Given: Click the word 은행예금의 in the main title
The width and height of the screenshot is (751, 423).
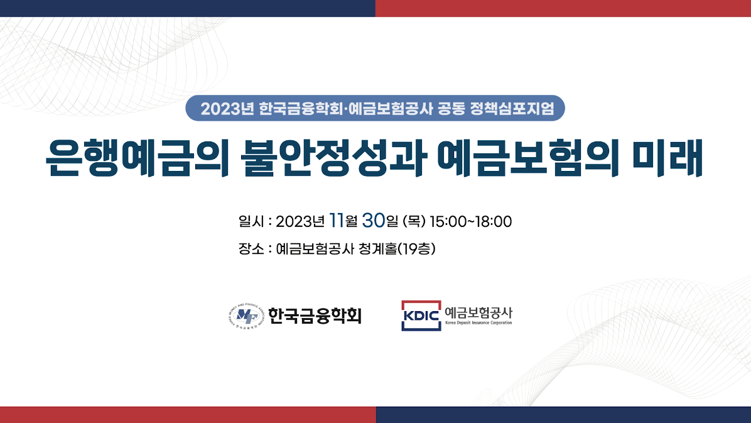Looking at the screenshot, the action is click(x=137, y=158).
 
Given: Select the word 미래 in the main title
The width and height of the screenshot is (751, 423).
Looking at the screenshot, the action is click(x=667, y=158).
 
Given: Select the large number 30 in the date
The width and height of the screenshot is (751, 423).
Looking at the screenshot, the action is click(x=374, y=221).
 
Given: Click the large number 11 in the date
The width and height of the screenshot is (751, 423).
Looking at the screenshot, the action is click(x=337, y=221).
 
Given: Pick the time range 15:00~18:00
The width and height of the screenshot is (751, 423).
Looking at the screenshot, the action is click(x=471, y=222).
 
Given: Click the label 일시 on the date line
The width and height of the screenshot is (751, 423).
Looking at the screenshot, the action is click(x=251, y=222).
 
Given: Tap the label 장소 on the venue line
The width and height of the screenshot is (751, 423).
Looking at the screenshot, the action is click(x=251, y=249).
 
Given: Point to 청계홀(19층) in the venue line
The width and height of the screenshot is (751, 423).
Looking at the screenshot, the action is click(x=397, y=249).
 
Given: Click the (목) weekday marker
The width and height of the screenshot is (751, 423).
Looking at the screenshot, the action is click(x=414, y=222).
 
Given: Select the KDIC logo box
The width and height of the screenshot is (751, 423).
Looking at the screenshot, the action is click(x=421, y=316).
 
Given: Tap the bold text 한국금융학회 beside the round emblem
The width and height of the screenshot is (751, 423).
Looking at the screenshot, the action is click(x=315, y=316).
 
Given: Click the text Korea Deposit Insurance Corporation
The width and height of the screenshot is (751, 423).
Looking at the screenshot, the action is click(x=478, y=323).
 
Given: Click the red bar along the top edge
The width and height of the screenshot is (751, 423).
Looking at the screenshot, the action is click(x=563, y=8).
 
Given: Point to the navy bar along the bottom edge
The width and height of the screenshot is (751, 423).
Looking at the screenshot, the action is click(x=564, y=415).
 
